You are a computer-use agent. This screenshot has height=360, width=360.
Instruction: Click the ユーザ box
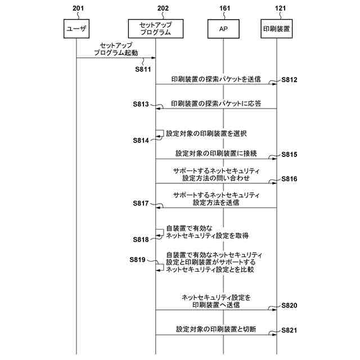(76, 29)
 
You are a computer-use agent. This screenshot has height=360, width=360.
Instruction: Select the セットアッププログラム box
(155, 29)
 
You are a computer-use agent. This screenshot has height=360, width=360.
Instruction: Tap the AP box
(223, 29)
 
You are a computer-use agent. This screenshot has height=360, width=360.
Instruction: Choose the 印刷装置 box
(277, 29)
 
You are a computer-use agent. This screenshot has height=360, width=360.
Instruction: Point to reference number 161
(223, 8)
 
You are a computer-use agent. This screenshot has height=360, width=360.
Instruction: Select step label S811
(143, 69)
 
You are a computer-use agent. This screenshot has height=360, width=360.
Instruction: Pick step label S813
(141, 104)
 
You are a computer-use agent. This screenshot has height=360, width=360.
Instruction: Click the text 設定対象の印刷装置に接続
(216, 153)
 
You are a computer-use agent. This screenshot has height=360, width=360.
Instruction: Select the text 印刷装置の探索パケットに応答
(215, 104)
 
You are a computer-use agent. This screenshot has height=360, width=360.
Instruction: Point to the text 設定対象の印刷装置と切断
(216, 329)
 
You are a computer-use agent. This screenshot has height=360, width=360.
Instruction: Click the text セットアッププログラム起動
(116, 48)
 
